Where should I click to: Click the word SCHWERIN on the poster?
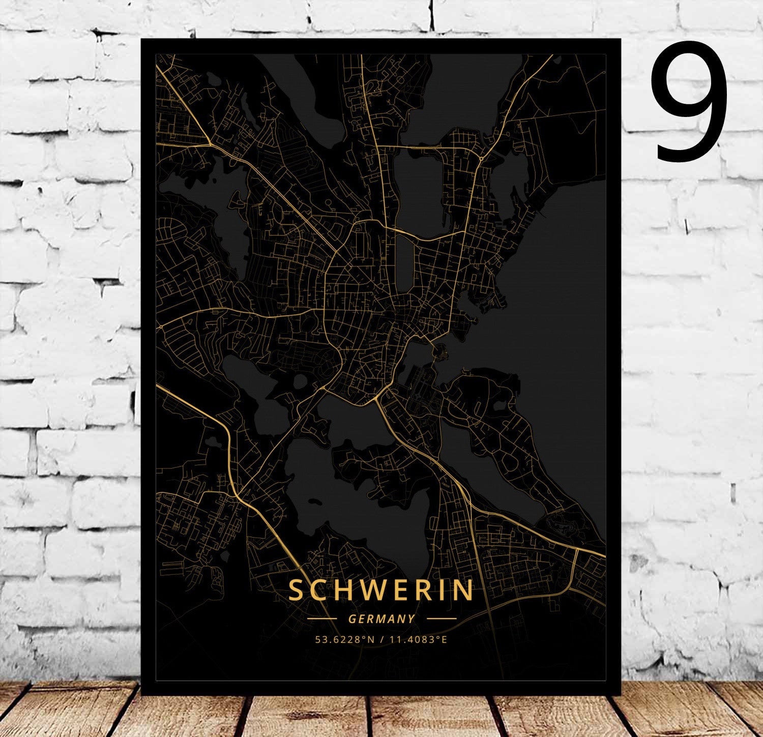[x=380, y=590]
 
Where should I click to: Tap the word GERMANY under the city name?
[x=382, y=619]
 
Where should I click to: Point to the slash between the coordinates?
[x=380, y=639]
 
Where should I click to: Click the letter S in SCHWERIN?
[x=295, y=590]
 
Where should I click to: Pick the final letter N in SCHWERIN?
[x=464, y=590]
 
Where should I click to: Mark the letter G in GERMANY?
[x=352, y=619]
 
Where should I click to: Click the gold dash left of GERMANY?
[x=322, y=619]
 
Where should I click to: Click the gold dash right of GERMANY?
[x=441, y=619]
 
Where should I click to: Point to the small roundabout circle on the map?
[x=481, y=159]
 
